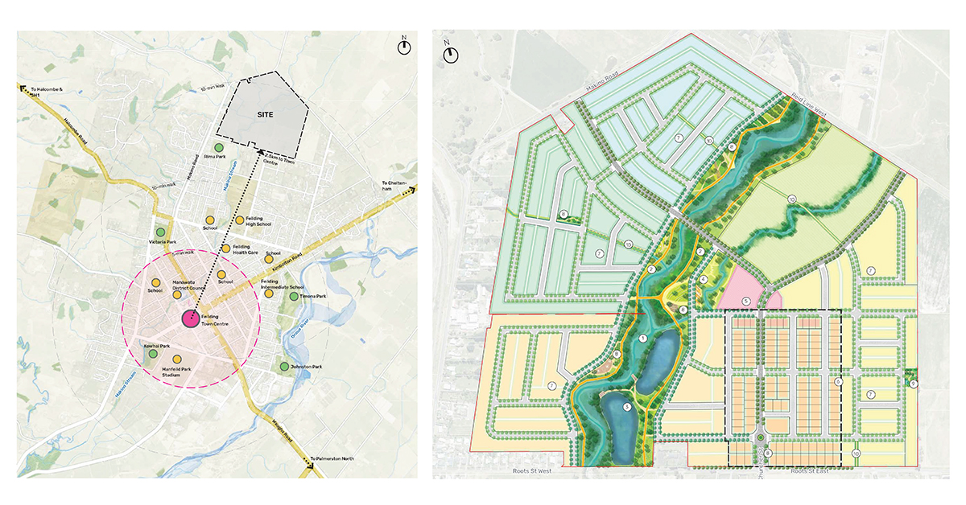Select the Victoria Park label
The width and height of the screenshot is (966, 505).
(162, 241)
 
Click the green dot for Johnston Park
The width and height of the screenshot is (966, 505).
(284, 367)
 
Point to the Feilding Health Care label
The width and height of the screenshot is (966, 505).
(245, 249)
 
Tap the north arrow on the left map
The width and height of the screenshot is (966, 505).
(404, 46)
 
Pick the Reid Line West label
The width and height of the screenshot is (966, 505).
(805, 96)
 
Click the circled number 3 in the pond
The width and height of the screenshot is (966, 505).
(627, 406)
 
